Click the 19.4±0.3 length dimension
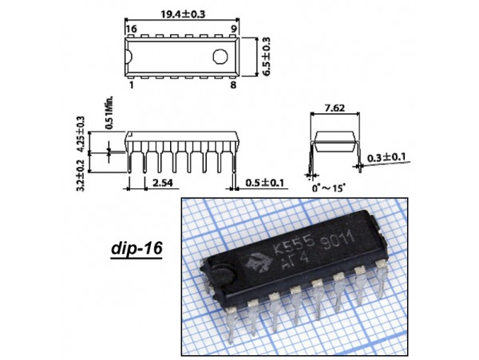[183, 14]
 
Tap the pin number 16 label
[132, 29]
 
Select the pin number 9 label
[234, 29]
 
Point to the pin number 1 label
[132, 85]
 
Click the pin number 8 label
[233, 85]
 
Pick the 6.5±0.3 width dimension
[266, 57]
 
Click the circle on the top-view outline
[220, 57]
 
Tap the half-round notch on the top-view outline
[129, 57]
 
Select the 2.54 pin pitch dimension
[163, 183]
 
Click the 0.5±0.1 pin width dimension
[265, 183]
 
